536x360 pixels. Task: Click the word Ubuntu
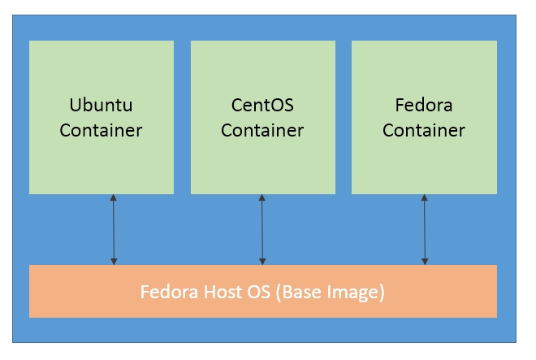(101, 106)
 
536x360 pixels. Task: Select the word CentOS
(262, 106)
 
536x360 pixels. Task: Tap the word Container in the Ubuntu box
(101, 130)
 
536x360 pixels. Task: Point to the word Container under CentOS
(262, 130)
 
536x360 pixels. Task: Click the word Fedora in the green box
(424, 106)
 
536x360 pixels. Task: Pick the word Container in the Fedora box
(424, 130)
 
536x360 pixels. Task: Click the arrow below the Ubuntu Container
(114, 230)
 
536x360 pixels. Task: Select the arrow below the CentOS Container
(262, 230)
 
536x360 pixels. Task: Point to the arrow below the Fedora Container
(425, 230)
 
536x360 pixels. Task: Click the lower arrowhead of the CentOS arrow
(262, 261)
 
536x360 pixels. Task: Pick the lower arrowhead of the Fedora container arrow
(425, 261)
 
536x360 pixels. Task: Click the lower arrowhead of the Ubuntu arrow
(114, 261)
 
